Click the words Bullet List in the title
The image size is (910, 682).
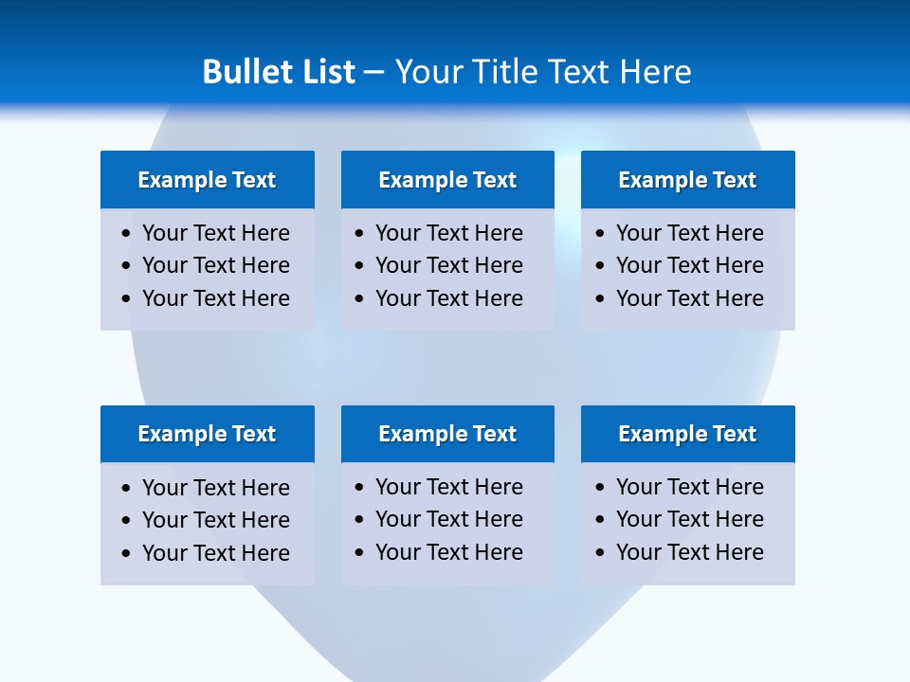(279, 72)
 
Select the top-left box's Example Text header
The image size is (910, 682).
(207, 180)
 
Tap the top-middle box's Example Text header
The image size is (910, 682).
(447, 180)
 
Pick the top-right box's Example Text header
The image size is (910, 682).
(687, 180)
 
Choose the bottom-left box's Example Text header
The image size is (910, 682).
(207, 434)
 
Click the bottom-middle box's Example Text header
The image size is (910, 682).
(447, 434)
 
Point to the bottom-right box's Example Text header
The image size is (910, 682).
(687, 434)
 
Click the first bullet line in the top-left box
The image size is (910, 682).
(216, 233)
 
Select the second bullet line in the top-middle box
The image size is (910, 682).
(449, 265)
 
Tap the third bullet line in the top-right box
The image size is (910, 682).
(690, 298)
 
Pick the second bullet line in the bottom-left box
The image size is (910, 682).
(216, 520)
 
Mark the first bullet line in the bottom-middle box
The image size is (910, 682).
(449, 487)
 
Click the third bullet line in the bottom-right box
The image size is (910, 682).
(690, 552)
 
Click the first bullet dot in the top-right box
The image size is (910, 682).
(600, 234)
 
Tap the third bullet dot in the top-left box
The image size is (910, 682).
(127, 299)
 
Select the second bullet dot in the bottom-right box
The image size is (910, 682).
(600, 520)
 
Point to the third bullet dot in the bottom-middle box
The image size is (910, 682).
(359, 553)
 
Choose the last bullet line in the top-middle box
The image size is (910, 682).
(449, 298)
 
